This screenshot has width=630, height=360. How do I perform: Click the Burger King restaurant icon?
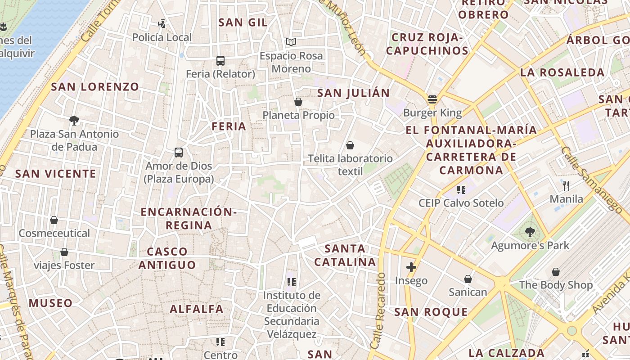coord(432,99)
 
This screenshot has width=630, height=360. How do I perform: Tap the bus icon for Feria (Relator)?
coord(220,60)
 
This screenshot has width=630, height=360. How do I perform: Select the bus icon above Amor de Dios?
coord(179,153)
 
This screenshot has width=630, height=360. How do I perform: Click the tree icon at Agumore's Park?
coord(530,232)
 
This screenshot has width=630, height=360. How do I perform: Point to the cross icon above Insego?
coord(411,267)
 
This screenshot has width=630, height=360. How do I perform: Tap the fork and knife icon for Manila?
coord(566,185)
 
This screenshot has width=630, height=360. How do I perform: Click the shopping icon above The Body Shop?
coord(556,272)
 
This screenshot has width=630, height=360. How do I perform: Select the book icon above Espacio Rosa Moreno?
coord(291,42)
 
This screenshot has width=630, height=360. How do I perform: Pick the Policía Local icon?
coord(162,23)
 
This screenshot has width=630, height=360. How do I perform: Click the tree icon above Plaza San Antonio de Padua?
coord(74,120)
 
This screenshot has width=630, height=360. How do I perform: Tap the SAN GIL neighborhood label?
coord(243,22)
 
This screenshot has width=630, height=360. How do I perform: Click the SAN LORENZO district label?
coord(95,87)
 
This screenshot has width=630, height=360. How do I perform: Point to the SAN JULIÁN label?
coord(353,93)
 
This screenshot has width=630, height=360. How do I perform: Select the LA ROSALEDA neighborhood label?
coord(562,72)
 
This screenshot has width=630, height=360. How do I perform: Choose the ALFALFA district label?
coord(197,309)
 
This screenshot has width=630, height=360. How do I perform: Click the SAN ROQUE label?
coord(431,312)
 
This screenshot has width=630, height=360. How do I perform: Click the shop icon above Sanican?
coord(468,279)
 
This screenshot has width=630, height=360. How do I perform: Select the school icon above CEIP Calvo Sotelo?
coord(461,189)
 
